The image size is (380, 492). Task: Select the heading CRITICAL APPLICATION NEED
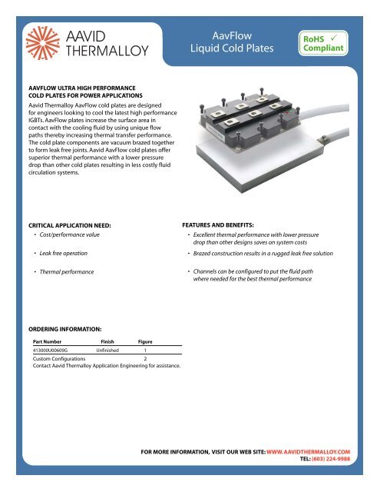(x=68, y=224)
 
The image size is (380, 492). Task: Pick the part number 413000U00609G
(x=57, y=349)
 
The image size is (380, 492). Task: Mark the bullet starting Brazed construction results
(x=277, y=253)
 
